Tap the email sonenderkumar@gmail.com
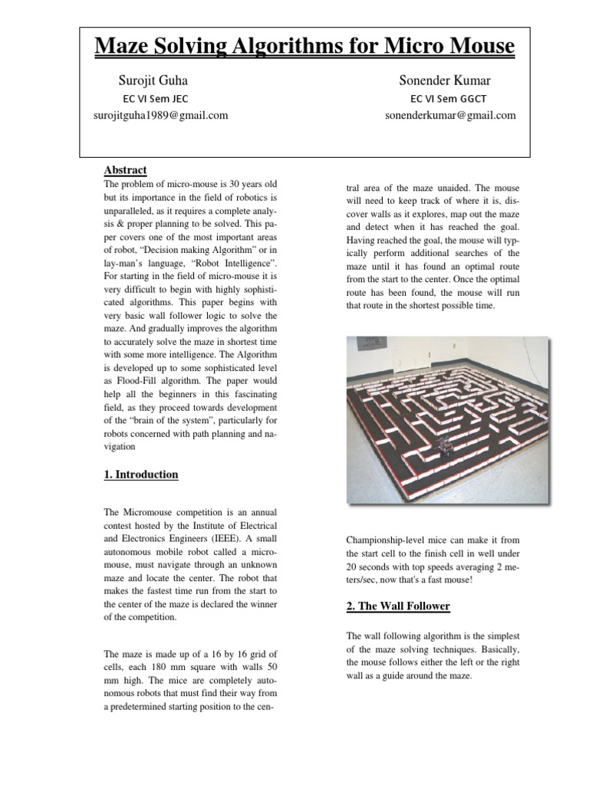(450, 115)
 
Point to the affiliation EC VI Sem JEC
(156, 98)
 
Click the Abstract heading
(125, 169)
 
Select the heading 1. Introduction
(140, 475)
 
